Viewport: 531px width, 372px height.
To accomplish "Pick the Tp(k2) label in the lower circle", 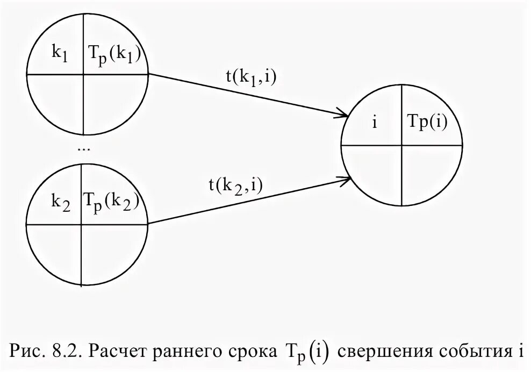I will pyautogui.click(x=111, y=201).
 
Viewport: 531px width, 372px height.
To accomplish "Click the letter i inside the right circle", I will pyautogui.click(x=374, y=123).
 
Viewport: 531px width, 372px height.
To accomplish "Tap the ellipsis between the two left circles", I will pyautogui.click(x=84, y=148).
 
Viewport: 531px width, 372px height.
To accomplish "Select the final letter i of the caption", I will pyautogui.click(x=520, y=352).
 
